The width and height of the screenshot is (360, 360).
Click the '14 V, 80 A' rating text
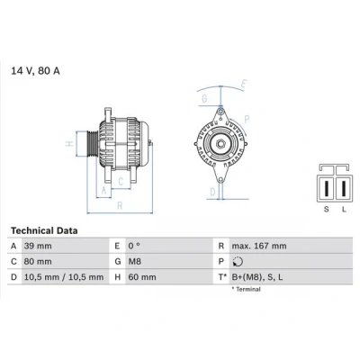[x=35, y=71]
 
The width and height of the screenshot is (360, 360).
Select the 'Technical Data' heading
[x=44, y=230]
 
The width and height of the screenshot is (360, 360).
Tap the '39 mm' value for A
[x=38, y=246]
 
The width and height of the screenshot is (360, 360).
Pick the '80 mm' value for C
[x=38, y=262]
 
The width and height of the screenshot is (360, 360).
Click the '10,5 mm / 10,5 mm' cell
[x=64, y=277]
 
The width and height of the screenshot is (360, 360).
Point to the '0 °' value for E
[x=134, y=246]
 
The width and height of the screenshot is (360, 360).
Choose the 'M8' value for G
[x=135, y=262]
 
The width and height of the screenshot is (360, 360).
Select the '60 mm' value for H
[x=142, y=277]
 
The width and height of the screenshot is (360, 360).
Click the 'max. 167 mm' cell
[x=259, y=246]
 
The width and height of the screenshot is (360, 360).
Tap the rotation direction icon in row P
[x=238, y=262]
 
